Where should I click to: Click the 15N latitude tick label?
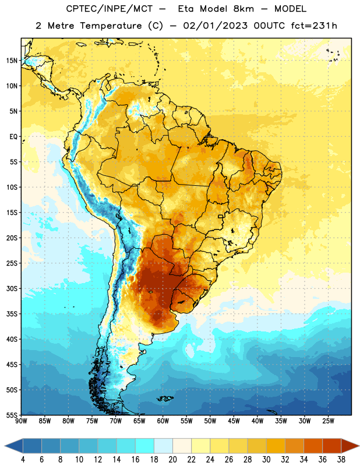12,61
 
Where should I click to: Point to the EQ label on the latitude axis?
13,137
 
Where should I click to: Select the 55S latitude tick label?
12,415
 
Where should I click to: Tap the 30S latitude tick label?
12,288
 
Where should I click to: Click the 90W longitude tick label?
21,421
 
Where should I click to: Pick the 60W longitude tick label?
163,421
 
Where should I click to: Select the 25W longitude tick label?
328,421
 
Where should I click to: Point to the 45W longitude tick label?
234,421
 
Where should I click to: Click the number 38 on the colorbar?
341,460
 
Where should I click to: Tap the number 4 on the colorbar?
23,460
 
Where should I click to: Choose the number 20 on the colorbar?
172,460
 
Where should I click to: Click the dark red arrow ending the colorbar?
350,446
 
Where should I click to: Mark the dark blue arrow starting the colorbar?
13,446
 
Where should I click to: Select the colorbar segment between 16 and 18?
145,446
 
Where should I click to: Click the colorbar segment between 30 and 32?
276,446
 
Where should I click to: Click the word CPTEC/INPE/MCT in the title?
110,9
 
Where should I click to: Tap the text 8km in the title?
243,9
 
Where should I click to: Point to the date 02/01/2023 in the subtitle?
216,26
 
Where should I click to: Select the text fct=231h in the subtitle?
314,26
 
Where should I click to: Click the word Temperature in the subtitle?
111,26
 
